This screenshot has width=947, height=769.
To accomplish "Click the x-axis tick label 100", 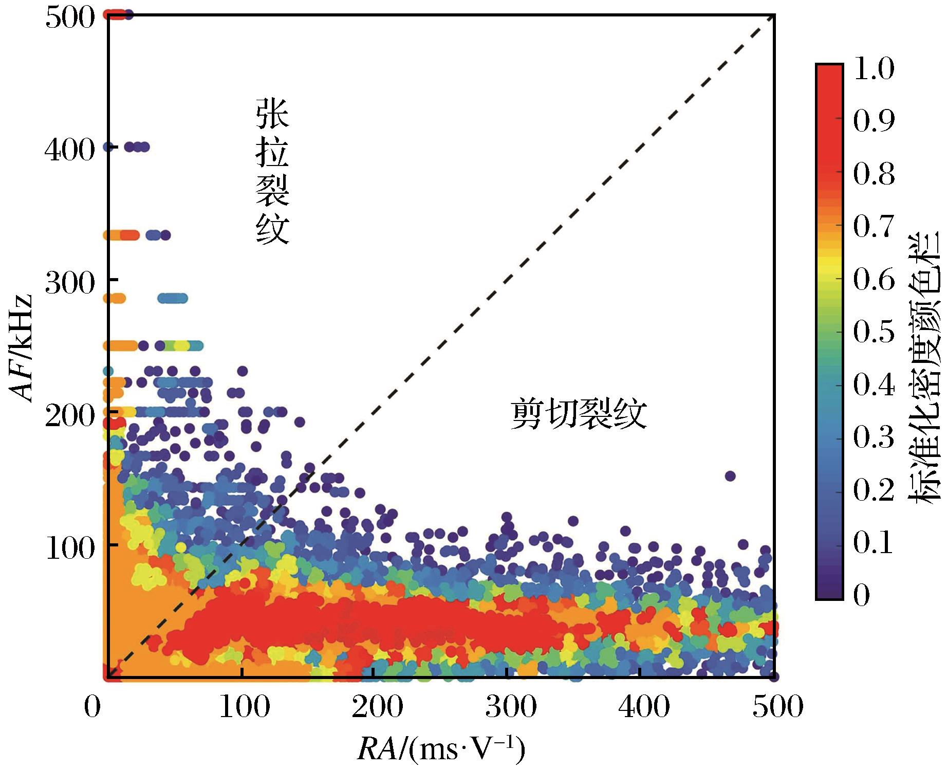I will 244,707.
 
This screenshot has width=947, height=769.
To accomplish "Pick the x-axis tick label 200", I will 377,707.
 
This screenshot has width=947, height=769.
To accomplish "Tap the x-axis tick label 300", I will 511,707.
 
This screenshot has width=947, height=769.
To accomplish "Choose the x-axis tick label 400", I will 644,707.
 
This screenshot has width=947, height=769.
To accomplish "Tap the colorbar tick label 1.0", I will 874,69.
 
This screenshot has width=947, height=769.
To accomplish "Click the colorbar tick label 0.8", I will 874,174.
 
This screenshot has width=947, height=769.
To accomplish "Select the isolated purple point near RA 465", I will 730,476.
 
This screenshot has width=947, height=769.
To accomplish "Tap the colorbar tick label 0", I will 861,595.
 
